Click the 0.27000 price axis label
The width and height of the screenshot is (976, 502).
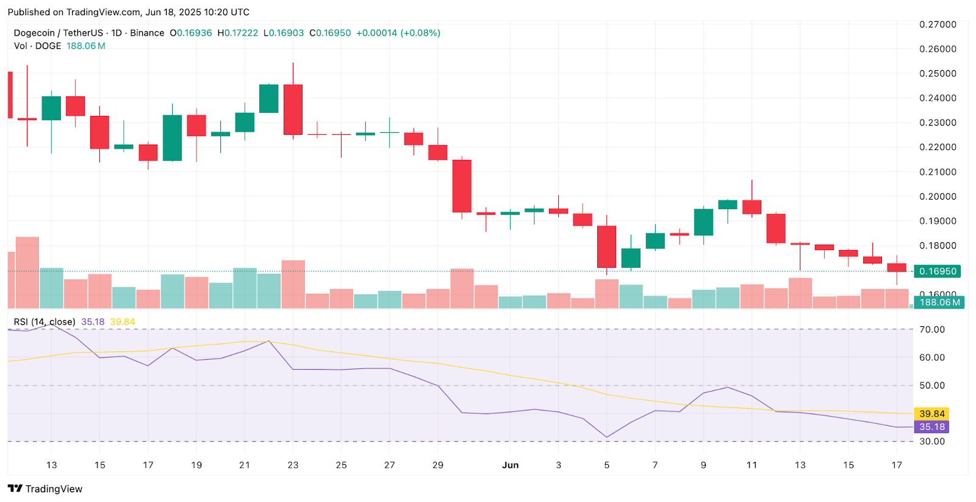click(938, 24)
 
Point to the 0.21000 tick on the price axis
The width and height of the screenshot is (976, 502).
click(938, 172)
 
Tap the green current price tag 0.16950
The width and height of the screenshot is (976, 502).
click(938, 271)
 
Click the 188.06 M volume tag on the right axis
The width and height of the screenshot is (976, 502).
click(939, 303)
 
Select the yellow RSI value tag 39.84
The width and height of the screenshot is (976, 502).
click(931, 414)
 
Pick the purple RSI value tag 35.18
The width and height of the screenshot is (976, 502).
click(931, 427)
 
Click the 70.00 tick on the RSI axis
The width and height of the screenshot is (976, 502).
click(932, 329)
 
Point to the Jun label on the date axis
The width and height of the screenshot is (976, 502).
click(510, 465)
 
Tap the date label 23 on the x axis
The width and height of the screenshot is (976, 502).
click(293, 465)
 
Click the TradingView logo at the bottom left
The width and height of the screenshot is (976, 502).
click(45, 489)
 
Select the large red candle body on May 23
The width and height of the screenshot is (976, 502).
click(293, 110)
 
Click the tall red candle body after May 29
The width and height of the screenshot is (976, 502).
click(462, 186)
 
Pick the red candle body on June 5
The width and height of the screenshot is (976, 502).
click(606, 246)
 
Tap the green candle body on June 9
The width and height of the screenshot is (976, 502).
click(703, 222)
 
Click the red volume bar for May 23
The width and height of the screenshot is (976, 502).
click(293, 284)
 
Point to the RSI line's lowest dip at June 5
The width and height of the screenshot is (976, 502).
click(606, 437)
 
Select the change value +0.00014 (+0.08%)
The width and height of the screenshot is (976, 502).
click(398, 33)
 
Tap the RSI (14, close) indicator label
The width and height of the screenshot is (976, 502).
click(45, 321)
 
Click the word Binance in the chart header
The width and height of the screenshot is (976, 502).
click(147, 33)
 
